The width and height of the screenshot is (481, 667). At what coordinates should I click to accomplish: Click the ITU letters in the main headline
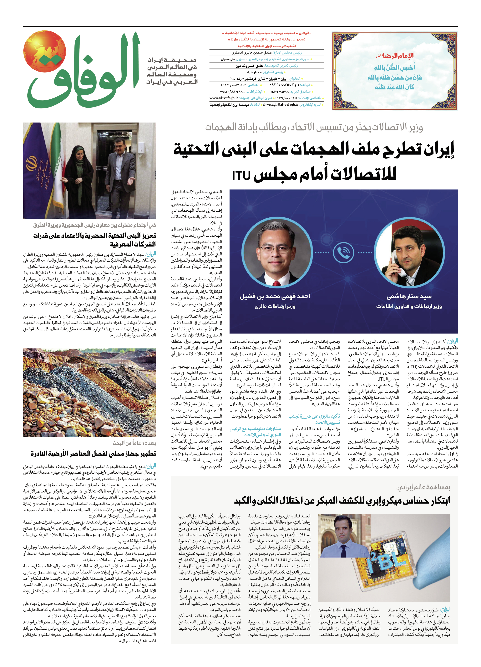coord(241,176)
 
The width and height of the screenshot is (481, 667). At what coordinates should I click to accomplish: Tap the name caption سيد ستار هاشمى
coord(409,296)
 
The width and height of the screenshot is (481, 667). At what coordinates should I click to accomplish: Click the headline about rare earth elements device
coord(93,454)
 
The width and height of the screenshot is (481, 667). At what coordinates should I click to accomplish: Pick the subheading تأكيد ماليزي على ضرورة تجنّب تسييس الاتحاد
coord(314,419)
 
